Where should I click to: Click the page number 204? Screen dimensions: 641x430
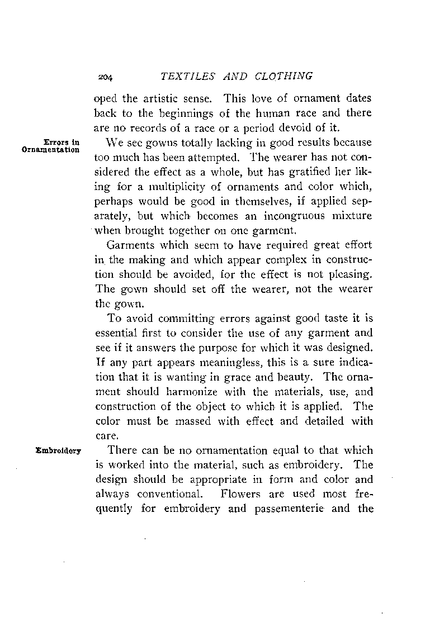pos(120,77)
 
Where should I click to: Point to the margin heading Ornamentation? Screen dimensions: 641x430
pos(50,150)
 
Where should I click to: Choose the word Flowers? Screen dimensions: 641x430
pos(239,494)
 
